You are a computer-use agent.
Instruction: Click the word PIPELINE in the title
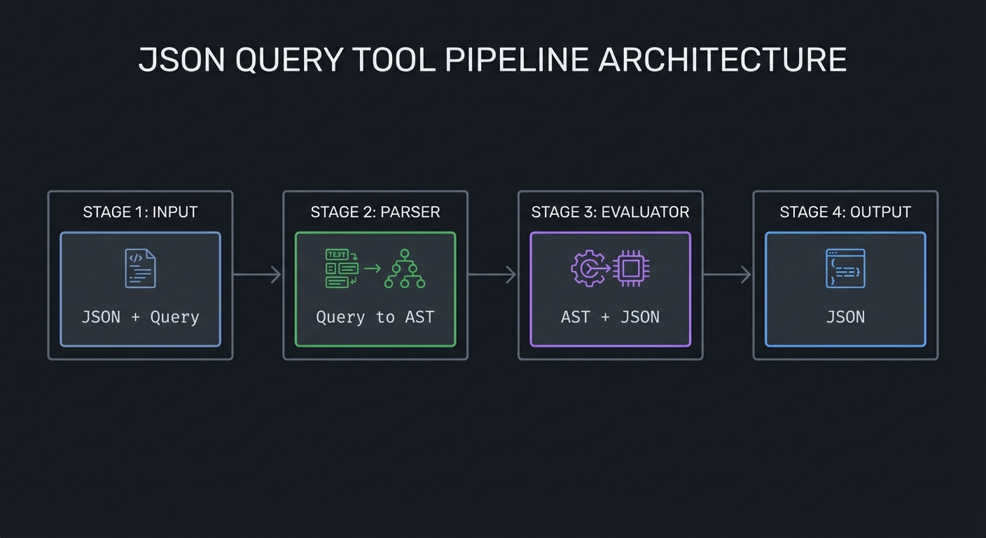pos(517,60)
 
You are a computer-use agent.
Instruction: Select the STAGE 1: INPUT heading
pos(140,212)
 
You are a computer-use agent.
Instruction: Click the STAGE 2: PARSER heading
pos(375,212)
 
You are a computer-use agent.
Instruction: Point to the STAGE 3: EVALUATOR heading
pos(610,212)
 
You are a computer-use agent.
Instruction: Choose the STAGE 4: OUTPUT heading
pos(845,212)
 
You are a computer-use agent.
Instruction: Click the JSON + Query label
pos(140,317)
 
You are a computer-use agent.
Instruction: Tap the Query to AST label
pos(375,317)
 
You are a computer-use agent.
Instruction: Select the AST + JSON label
pos(610,317)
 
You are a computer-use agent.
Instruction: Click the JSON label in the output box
pos(845,317)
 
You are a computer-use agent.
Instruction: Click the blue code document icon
pos(140,268)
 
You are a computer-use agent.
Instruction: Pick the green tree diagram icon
pos(405,269)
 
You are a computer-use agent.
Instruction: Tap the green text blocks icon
pos(342,269)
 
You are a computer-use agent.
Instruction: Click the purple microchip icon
pos(631,269)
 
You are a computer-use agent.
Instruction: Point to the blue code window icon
pos(845,268)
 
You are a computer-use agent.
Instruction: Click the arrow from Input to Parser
pos(257,275)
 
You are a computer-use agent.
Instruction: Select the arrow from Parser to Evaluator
pos(492,275)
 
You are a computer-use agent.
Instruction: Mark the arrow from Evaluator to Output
pos(728,275)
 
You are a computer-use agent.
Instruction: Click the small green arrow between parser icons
pos(373,268)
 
